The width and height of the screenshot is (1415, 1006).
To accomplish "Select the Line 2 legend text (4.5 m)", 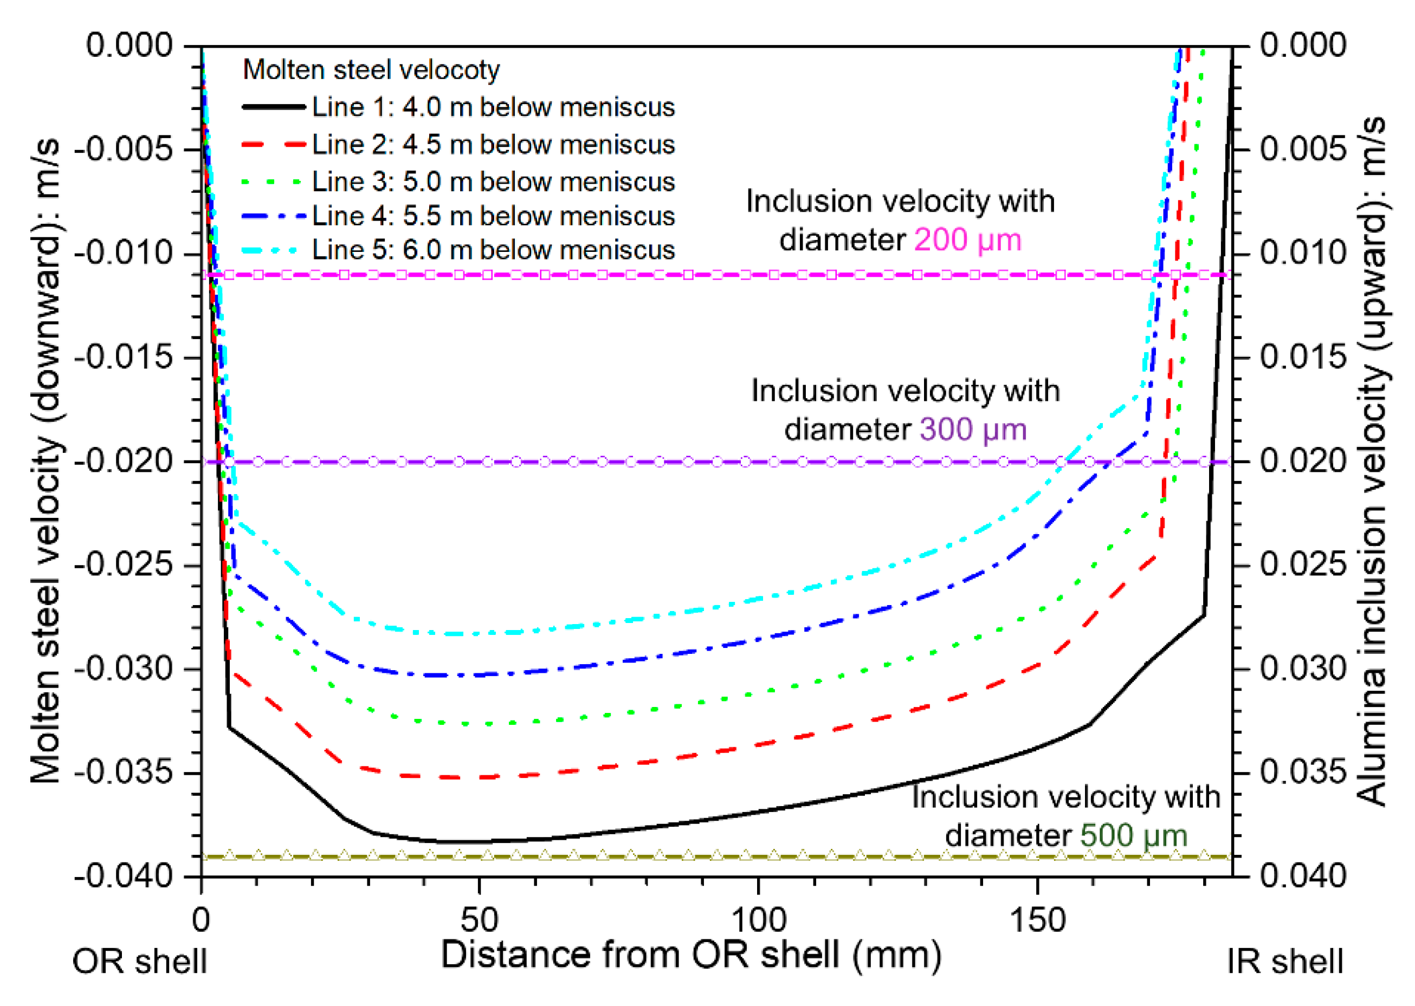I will (x=493, y=144).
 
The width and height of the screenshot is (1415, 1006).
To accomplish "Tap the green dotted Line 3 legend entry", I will (x=493, y=181).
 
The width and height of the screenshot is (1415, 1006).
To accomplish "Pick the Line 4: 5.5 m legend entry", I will (x=493, y=216).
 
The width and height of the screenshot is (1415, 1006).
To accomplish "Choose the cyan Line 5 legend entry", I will (x=493, y=250).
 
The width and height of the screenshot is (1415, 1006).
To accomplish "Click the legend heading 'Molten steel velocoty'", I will (x=371, y=69).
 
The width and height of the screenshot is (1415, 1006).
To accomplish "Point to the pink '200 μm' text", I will (x=967, y=240).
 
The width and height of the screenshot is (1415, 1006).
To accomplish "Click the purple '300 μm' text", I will (x=973, y=429).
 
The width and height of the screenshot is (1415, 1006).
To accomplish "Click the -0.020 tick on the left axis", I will (x=124, y=461).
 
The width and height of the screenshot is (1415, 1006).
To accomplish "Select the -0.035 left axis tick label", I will (x=124, y=773).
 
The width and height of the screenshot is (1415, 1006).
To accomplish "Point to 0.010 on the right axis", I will (x=1303, y=253).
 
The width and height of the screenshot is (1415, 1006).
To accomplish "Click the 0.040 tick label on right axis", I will (x=1303, y=876).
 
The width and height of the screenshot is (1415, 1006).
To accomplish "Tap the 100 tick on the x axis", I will (x=758, y=920).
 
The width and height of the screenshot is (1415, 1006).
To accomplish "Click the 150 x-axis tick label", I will (x=1037, y=920).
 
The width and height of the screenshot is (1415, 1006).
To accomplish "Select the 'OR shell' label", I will (x=139, y=962).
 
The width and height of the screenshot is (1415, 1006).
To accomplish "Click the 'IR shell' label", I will (x=1285, y=962).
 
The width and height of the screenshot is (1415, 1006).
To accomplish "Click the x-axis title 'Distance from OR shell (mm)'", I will (x=691, y=954).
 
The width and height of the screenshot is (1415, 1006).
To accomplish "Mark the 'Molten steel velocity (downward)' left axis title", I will (x=46, y=461).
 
